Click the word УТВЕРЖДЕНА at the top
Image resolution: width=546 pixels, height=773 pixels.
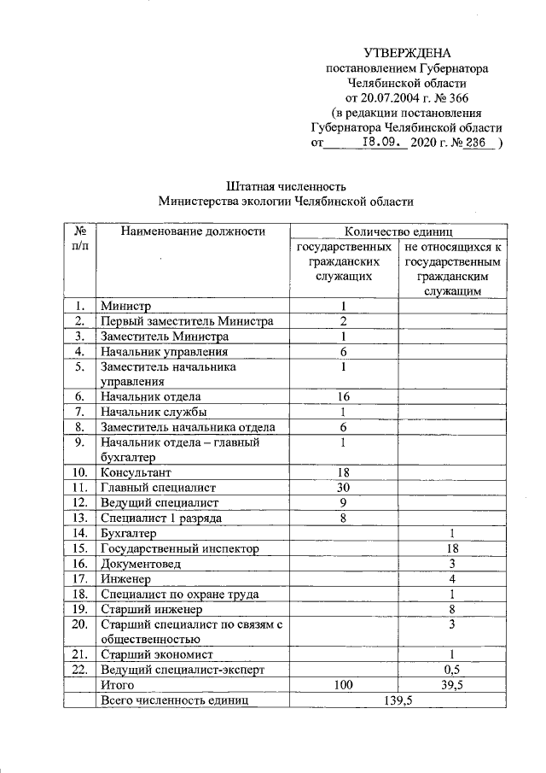coord(407,53)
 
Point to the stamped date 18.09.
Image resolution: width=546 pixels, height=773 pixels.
coord(382,143)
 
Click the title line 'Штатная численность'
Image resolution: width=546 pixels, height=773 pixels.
coord(286,185)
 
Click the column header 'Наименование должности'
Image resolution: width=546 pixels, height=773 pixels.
coord(193,231)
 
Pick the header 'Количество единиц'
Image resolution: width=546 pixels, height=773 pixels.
coord(398,231)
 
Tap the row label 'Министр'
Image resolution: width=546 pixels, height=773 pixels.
coord(125,306)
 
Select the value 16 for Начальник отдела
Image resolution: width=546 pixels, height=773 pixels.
coord(343,396)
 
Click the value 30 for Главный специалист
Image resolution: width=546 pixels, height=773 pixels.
coord(343,487)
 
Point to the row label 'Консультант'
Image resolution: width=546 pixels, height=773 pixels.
coord(136,471)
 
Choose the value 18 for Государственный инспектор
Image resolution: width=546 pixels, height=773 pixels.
coord(452,548)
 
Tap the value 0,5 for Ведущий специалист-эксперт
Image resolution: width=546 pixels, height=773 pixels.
coord(452,669)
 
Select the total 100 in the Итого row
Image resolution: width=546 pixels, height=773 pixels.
coord(343,684)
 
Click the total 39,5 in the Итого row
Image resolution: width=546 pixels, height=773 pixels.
coord(452,684)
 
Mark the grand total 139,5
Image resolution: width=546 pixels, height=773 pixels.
coord(398,700)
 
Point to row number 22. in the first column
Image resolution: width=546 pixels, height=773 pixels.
coord(79,669)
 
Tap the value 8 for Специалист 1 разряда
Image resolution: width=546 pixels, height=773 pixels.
coord(343,517)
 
